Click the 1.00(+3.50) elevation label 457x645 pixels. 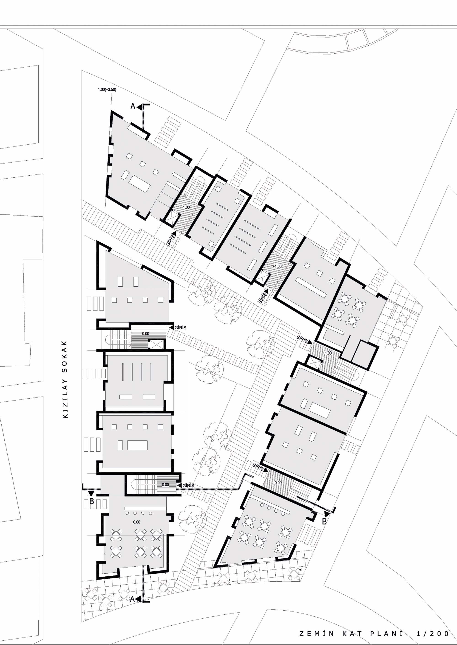coord(107,90)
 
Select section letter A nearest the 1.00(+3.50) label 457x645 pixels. coord(133,106)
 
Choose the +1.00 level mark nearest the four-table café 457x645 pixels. coord(327,353)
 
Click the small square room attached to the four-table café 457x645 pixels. coord(364,355)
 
